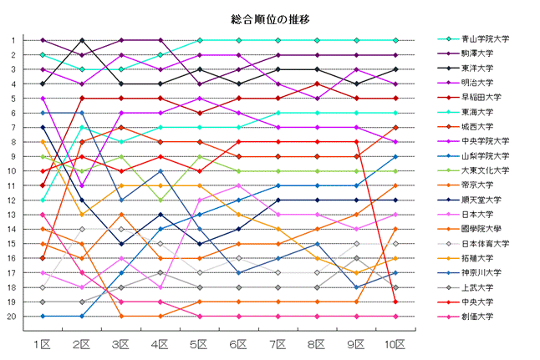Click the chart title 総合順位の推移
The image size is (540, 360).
tap(270, 18)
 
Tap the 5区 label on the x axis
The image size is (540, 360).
tap(200, 344)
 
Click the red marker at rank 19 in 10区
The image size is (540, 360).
tap(395, 302)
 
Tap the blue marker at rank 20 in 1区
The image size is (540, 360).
tap(42, 317)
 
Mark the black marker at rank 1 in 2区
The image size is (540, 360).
tap(81, 40)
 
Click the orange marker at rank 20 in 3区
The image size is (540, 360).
tap(121, 317)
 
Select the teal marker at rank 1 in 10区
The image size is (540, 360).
tap(395, 40)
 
